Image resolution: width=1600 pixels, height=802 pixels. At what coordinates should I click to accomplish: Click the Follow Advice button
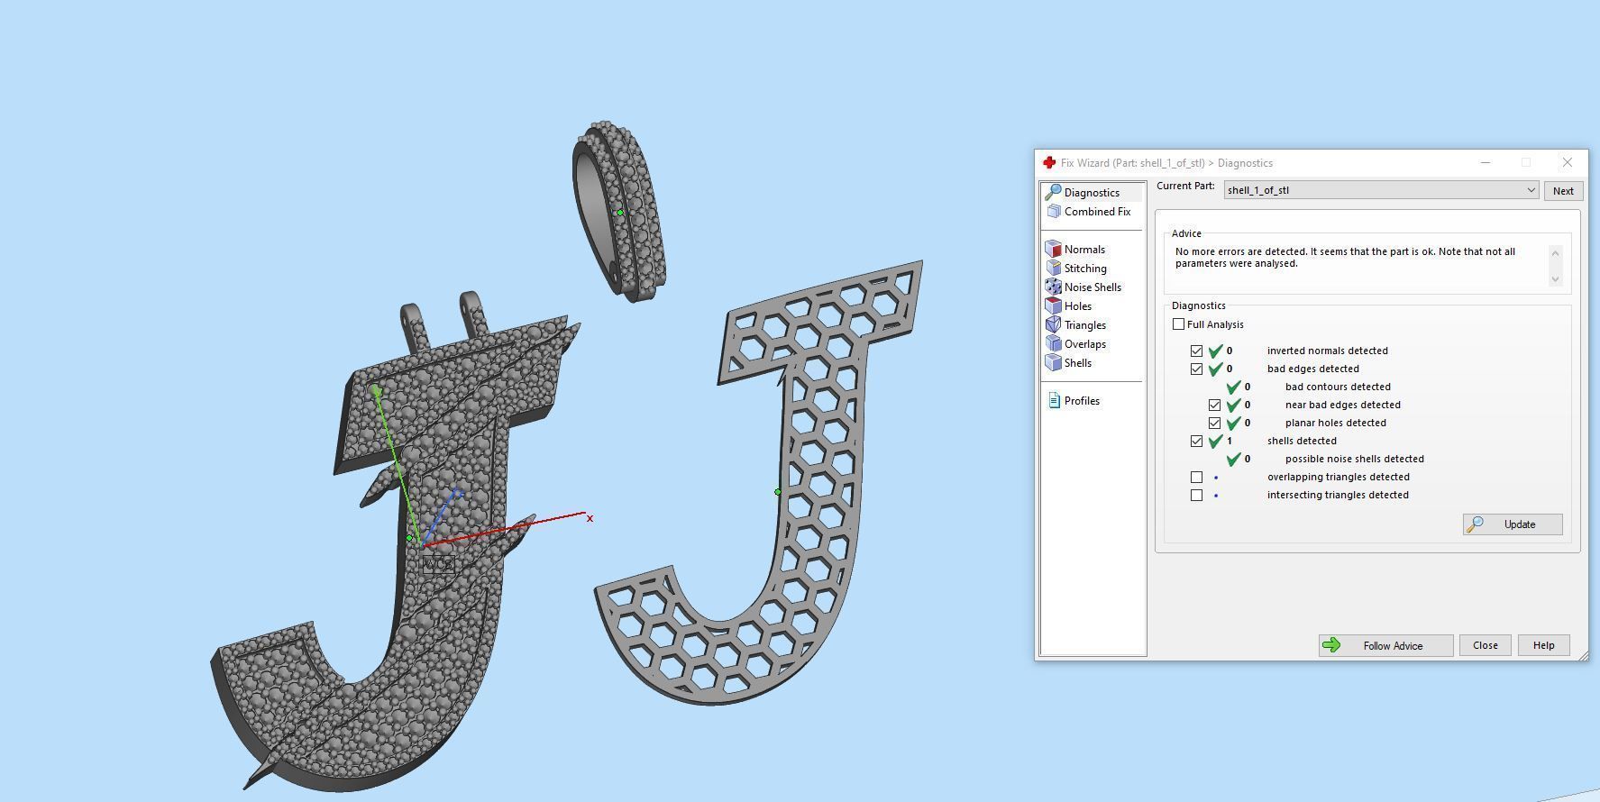coord(1385,645)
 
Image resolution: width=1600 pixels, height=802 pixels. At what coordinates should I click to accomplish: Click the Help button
coord(1543,645)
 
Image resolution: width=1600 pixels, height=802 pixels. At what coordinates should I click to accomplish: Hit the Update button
coord(1513,524)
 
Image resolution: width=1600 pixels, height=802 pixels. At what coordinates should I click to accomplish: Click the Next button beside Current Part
coord(1563,191)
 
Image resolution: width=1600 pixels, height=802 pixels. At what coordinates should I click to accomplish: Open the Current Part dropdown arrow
coord(1531,190)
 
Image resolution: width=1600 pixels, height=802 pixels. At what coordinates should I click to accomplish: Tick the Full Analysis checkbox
coord(1179,324)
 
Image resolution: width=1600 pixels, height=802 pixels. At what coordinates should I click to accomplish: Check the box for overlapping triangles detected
coord(1197,477)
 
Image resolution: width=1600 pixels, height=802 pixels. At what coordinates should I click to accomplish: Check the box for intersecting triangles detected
coord(1197,495)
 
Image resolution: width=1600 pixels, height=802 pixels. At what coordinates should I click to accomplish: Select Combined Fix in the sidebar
coord(1096,212)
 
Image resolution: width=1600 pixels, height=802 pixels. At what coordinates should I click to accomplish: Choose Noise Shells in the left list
coord(1092,287)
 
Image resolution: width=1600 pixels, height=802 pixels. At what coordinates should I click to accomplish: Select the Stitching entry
coord(1084,269)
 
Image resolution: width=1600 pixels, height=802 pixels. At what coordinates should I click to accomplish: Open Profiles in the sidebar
coord(1081,401)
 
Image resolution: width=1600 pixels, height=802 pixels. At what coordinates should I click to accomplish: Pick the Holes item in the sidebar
coord(1077,306)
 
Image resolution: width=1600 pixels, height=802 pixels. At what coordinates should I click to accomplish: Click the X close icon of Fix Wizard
coord(1567,162)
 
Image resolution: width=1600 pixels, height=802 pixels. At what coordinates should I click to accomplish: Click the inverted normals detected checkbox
coord(1197,351)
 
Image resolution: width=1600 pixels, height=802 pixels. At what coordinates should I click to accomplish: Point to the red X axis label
coord(590,518)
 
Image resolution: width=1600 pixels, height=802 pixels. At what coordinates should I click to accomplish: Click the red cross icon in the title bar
coord(1049,163)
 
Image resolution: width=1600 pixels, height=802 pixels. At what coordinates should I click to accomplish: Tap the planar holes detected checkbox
coord(1215,423)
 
